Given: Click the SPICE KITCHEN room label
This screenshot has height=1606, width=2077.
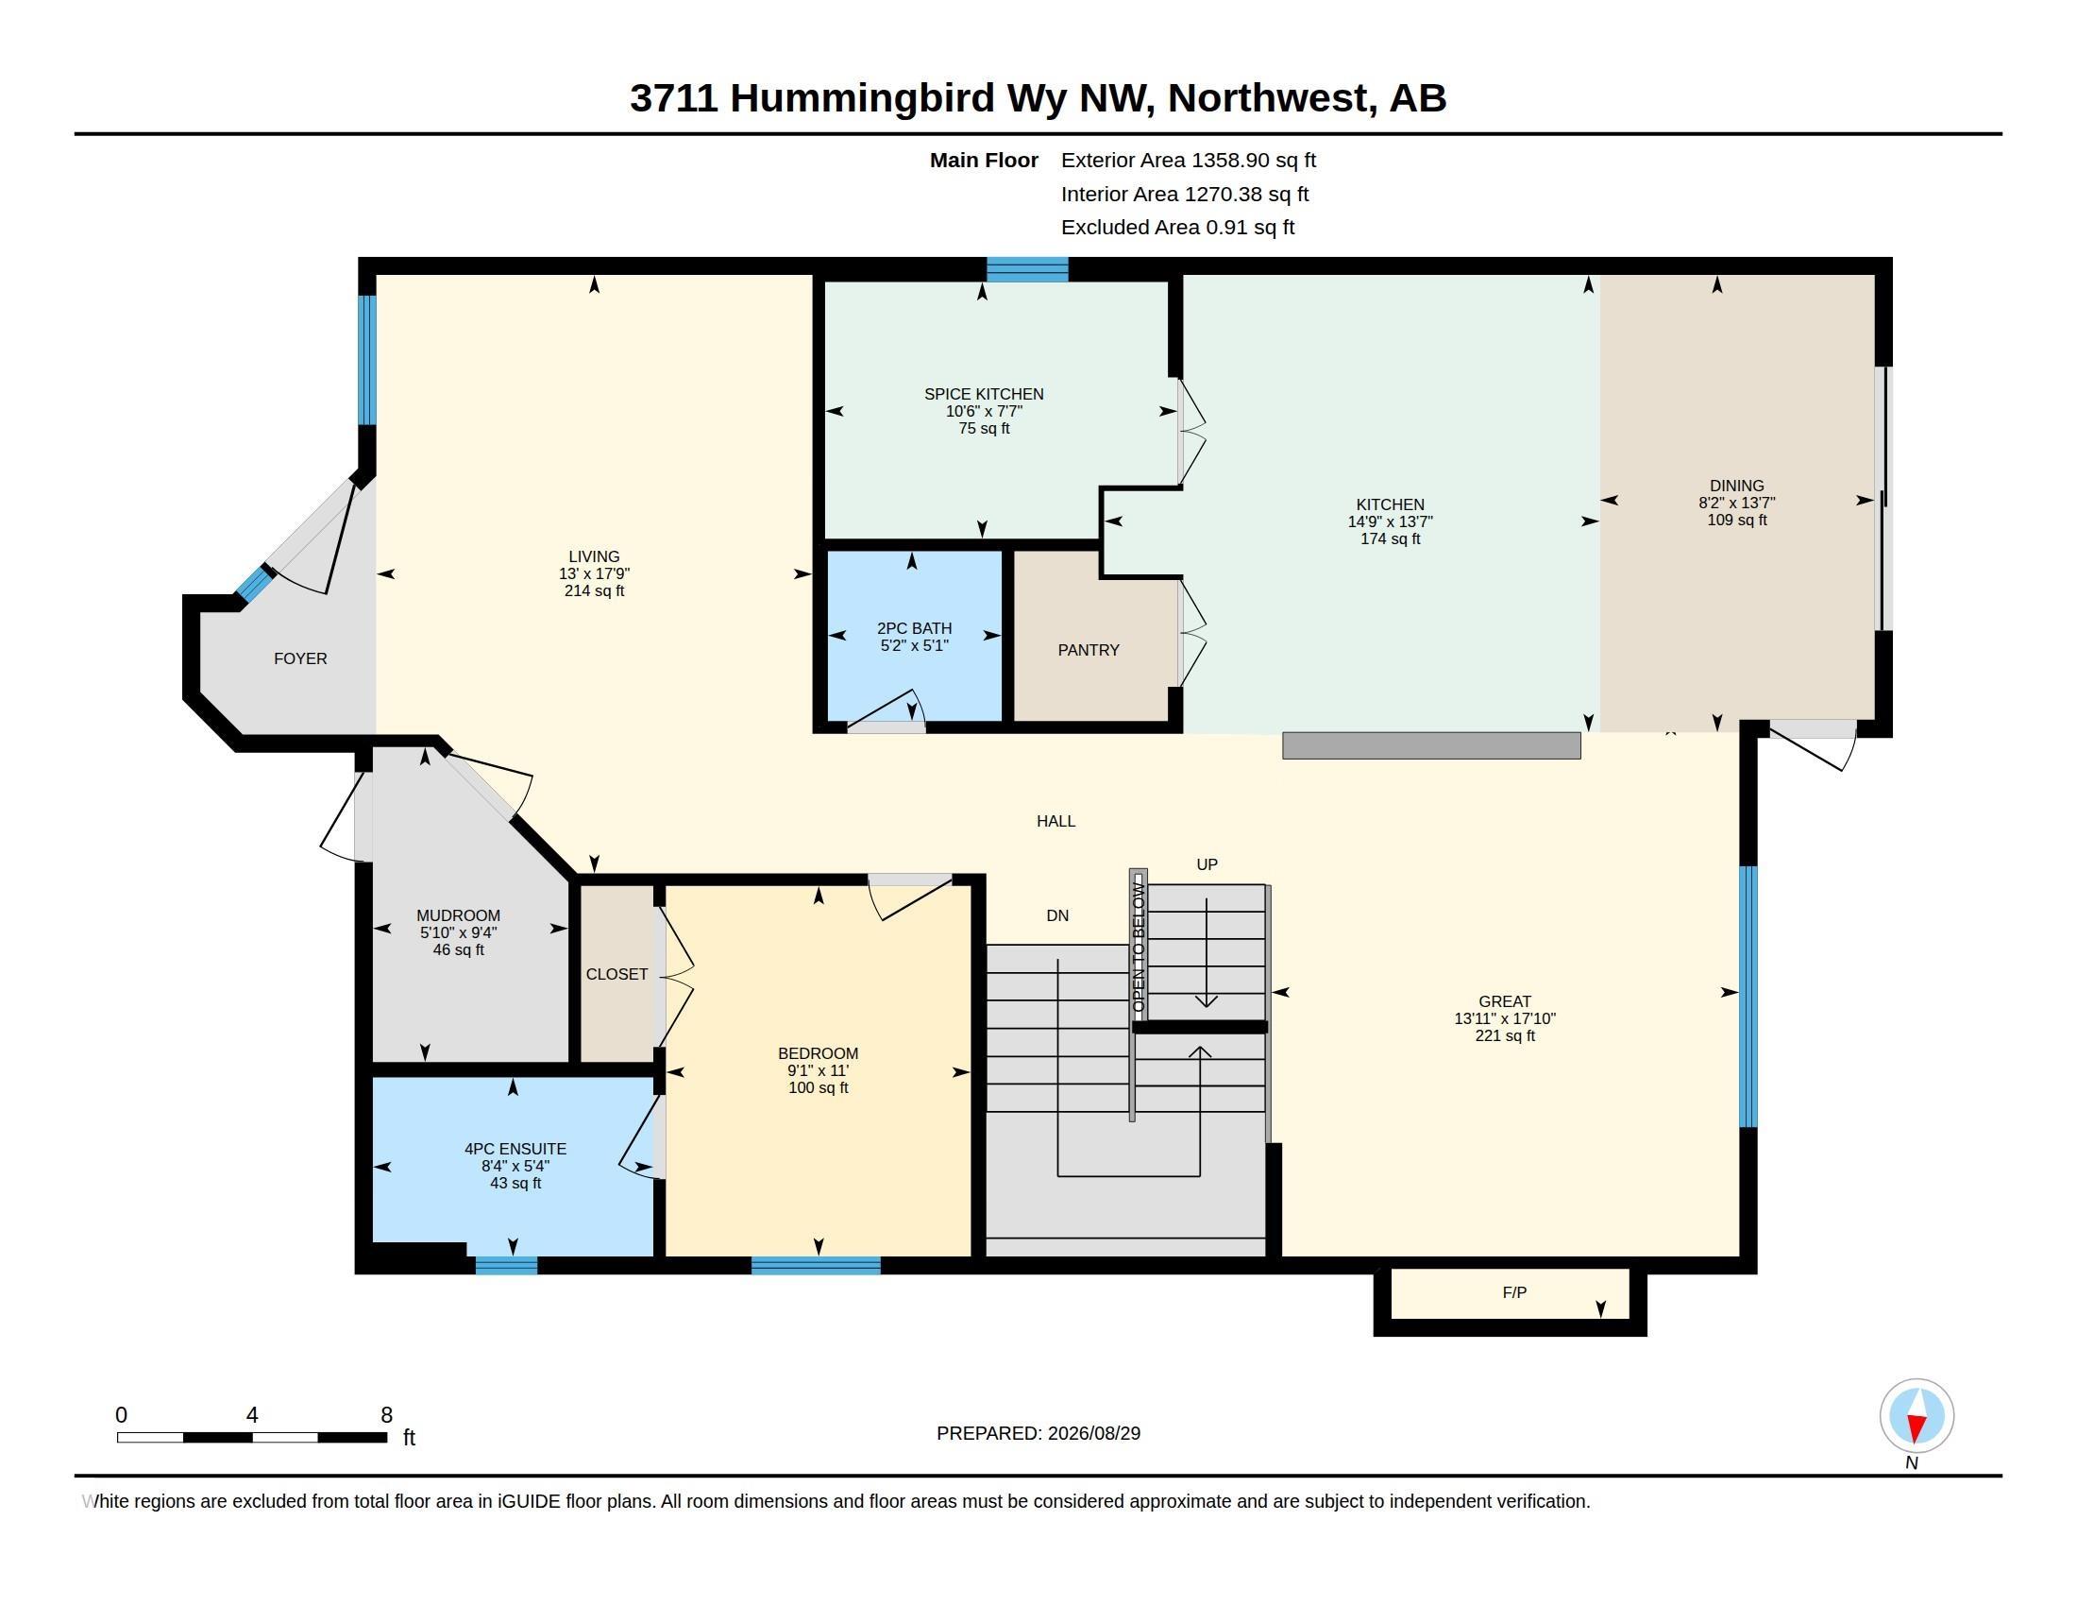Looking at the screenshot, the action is [984, 394].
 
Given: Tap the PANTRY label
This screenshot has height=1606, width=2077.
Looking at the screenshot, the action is [1088, 650].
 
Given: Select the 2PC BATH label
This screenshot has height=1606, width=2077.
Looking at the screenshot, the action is [914, 628].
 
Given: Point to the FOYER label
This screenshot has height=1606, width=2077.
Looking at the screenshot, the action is [300, 658].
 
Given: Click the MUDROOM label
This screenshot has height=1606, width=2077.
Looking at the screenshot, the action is [459, 915].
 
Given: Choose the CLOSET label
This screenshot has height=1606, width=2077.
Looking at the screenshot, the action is [616, 974].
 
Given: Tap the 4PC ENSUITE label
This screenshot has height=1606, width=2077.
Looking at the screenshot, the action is [515, 1149].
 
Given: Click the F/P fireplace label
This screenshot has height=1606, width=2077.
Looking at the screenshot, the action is [1514, 1292].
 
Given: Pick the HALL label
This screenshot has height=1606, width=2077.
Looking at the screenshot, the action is [1055, 821].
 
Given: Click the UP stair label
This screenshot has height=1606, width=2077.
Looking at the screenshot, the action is [1207, 863].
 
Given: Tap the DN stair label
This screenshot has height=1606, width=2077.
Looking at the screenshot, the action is [1057, 915].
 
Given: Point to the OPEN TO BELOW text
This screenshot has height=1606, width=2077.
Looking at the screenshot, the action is [1139, 946].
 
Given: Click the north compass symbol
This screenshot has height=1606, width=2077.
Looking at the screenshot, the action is [1917, 1416].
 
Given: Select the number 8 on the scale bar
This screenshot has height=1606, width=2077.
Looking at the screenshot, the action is [386, 1415].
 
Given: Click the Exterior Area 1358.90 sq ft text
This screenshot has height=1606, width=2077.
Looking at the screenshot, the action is [1188, 161].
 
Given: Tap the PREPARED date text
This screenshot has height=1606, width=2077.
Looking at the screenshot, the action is [1038, 1433].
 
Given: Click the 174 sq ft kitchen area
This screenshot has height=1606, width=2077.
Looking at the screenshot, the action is [1391, 538].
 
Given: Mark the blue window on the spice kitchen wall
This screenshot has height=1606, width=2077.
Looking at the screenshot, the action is [1027, 269].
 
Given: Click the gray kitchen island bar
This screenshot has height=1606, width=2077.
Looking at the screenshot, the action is [1431, 745].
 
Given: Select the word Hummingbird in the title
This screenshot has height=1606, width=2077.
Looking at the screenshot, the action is [863, 98].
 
